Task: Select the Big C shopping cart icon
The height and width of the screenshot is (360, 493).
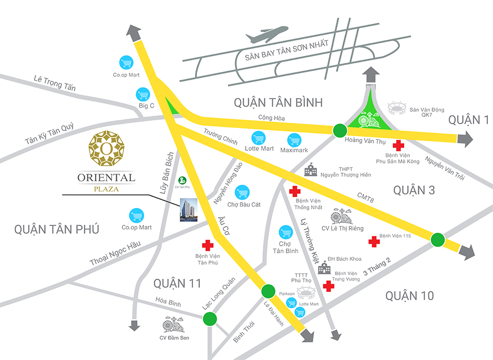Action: [143, 94]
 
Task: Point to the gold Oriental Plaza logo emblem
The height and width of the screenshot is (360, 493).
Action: [106, 148]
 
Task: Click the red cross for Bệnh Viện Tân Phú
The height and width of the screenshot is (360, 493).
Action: [207, 245]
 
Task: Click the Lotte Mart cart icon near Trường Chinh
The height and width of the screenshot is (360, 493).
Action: [259, 138]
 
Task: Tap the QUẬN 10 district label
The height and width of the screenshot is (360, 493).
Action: [409, 296]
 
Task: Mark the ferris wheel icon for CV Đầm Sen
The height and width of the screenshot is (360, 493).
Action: [170, 325]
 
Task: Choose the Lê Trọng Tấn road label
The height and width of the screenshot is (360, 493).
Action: [54, 83]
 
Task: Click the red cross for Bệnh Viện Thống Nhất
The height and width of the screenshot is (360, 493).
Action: [293, 191]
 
